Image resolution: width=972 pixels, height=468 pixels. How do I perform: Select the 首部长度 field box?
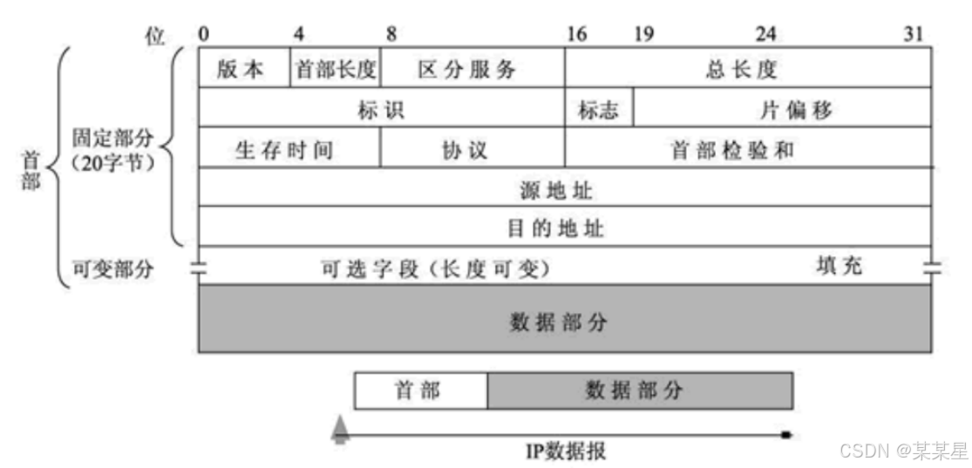335,69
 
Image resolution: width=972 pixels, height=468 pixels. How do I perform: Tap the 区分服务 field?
472,69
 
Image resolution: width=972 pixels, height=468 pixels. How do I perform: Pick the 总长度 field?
747,69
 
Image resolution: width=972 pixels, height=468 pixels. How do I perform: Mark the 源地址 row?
565,187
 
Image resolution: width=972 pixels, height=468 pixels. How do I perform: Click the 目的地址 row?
565,227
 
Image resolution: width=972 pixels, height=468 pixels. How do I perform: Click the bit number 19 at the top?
643,35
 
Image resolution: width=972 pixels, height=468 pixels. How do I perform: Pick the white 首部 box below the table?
420,391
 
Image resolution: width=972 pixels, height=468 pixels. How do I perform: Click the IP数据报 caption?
565,451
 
